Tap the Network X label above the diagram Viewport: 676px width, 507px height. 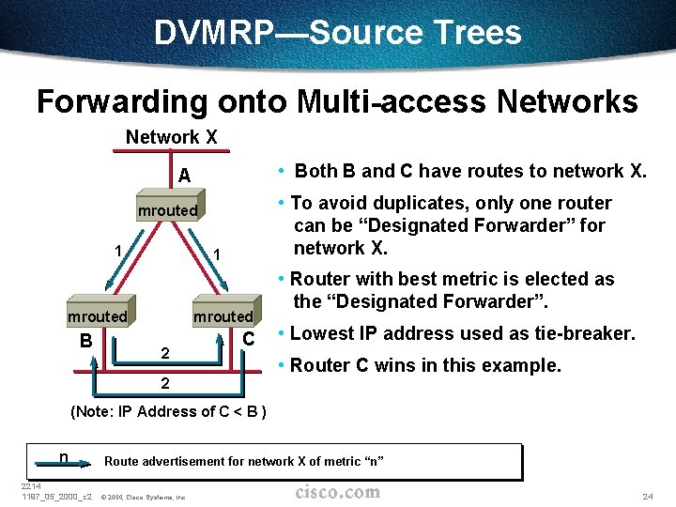coord(172,137)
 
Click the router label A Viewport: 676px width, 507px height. coord(184,176)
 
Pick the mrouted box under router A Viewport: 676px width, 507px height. coord(168,210)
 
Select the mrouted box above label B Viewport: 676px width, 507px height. coord(97,316)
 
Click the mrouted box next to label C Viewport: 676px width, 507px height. coord(223,316)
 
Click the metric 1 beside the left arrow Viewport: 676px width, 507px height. coord(117,251)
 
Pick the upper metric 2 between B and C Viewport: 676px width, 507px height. coord(164,354)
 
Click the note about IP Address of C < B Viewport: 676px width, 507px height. coord(169,411)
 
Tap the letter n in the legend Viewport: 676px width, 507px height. coord(63,457)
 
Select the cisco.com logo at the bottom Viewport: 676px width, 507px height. coord(337,492)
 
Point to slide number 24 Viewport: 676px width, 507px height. coord(647,496)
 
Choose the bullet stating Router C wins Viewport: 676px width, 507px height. coord(425,365)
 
